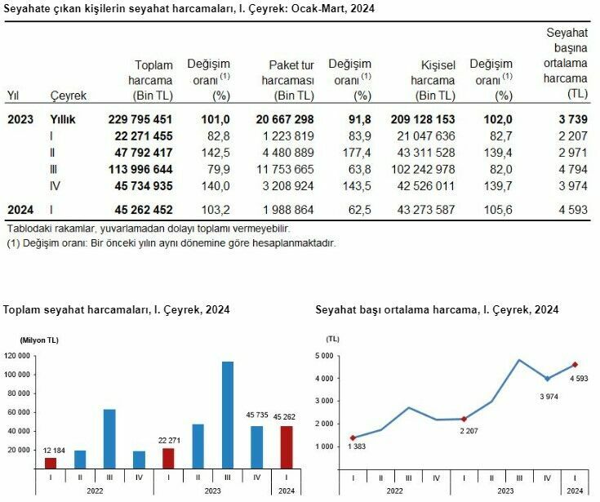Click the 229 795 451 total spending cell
tap(140, 119)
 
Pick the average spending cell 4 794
tap(572, 169)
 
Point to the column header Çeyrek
tap(68, 96)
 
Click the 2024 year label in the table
tap(20, 209)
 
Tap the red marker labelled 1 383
tap(353, 438)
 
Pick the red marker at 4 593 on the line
tap(575, 365)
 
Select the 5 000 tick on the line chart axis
tap(325, 356)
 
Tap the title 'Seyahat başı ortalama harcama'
tap(437, 309)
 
